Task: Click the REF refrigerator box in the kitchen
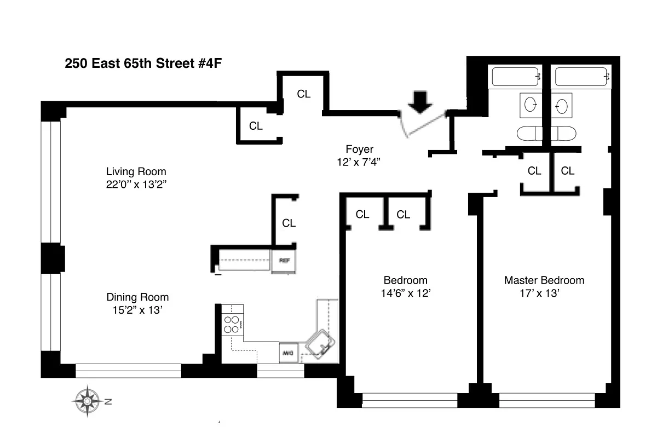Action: pyautogui.click(x=284, y=261)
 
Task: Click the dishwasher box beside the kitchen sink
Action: pyautogui.click(x=288, y=354)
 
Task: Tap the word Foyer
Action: pyautogui.click(x=359, y=149)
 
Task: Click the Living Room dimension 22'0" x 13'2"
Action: pyautogui.click(x=136, y=184)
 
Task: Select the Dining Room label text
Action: pyautogui.click(x=137, y=297)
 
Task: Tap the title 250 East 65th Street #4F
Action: pyautogui.click(x=143, y=63)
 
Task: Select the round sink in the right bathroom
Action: pyautogui.click(x=561, y=105)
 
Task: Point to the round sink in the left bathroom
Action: pyautogui.click(x=530, y=105)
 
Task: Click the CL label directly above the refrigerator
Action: pyautogui.click(x=289, y=223)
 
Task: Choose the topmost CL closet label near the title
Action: pyautogui.click(x=304, y=94)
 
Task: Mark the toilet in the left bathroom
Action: pyautogui.click(x=529, y=133)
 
